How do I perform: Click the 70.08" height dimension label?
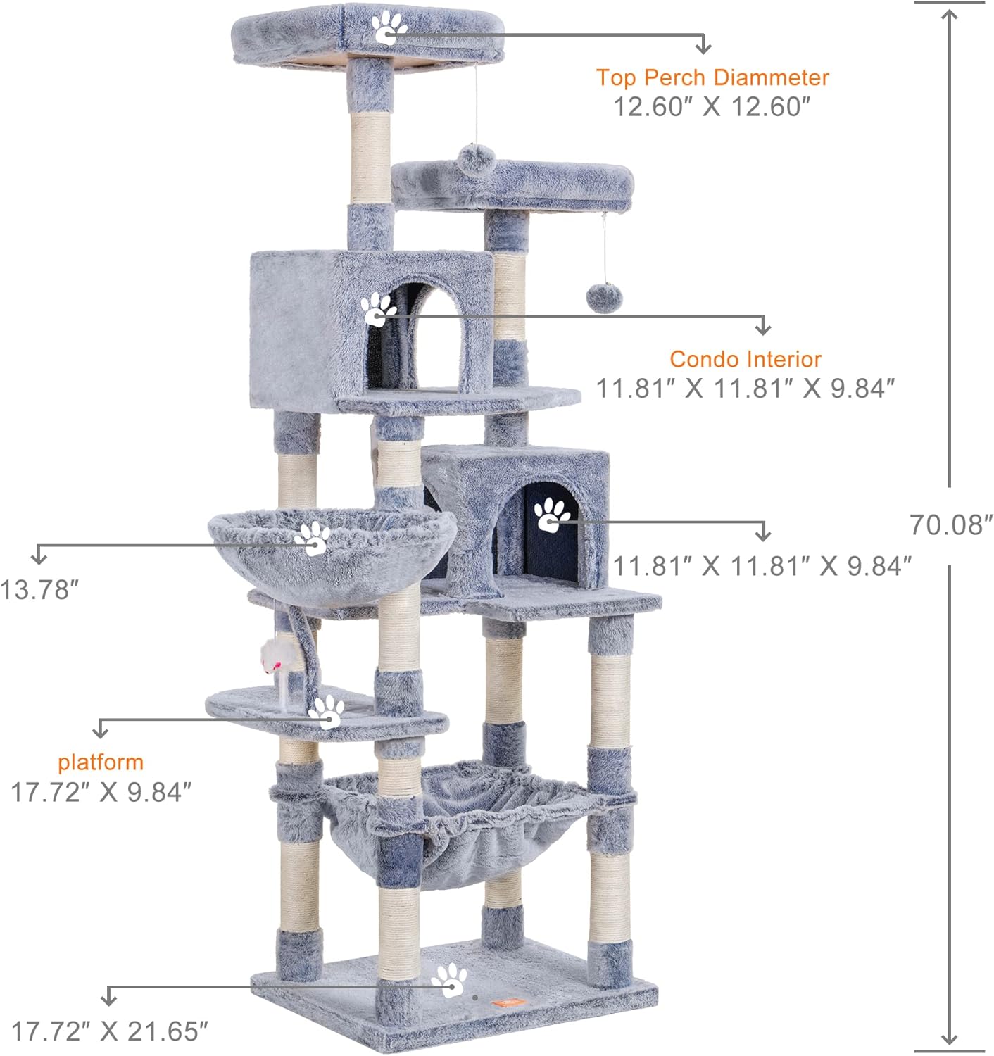[x=951, y=524]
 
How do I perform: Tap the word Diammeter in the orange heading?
[x=771, y=77]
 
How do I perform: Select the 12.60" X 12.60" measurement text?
[x=712, y=106]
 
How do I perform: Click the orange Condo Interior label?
[x=745, y=360]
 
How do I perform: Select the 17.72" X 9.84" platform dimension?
[x=101, y=792]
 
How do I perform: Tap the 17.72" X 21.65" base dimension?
[x=109, y=1031]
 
